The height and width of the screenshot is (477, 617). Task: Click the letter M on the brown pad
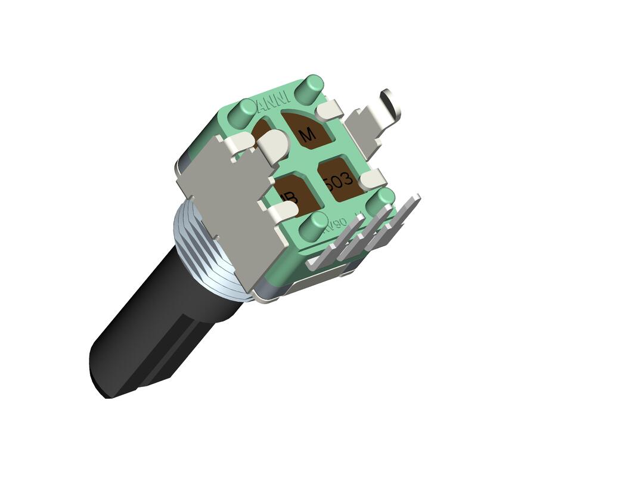(308, 135)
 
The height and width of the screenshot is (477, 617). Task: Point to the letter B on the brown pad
(290, 197)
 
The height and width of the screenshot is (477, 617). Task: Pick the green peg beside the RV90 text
(313, 225)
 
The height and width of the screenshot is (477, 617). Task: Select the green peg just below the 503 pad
(380, 200)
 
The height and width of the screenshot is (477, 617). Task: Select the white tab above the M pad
(328, 110)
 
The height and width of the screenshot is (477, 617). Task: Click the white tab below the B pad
(281, 212)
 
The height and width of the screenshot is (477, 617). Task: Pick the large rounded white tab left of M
(274, 146)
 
